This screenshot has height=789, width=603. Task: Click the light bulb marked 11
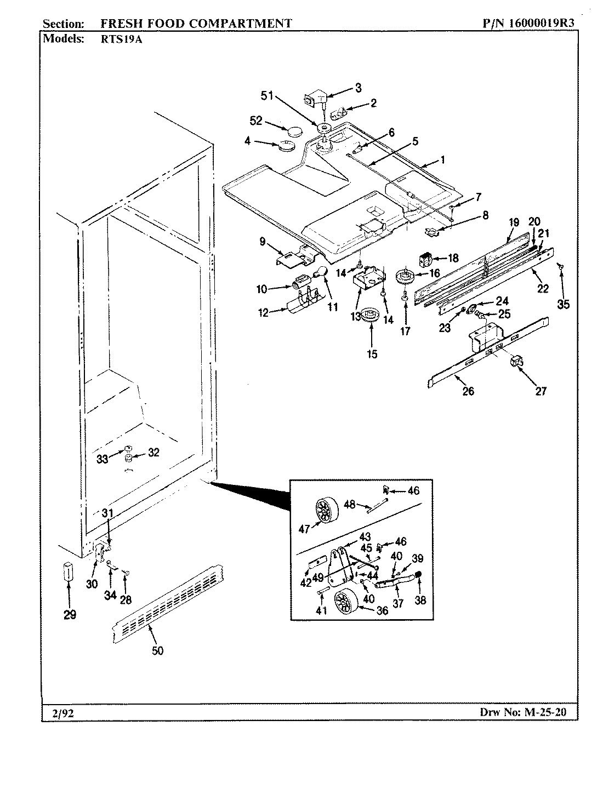(x=321, y=272)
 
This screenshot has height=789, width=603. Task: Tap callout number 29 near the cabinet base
(x=70, y=615)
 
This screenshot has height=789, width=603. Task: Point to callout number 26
(x=468, y=391)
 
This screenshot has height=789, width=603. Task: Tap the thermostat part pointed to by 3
(x=316, y=99)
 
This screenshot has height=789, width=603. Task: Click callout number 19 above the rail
(x=514, y=222)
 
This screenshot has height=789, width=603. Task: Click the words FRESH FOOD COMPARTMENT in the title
(x=196, y=24)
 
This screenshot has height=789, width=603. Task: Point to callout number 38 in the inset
(x=420, y=600)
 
